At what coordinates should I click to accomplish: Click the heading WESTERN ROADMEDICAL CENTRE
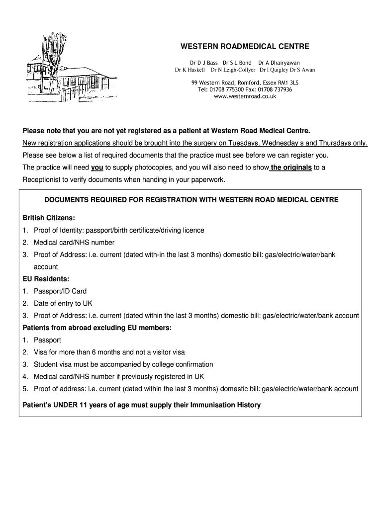click(244, 47)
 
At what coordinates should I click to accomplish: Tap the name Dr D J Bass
click(204, 63)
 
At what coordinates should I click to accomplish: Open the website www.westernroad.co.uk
click(244, 96)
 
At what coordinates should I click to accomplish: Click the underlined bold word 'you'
click(97, 168)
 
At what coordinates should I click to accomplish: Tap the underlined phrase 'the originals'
click(290, 168)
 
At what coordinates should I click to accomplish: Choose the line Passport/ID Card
click(60, 291)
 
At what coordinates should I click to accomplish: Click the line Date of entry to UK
click(63, 303)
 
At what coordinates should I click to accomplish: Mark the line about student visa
click(123, 364)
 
